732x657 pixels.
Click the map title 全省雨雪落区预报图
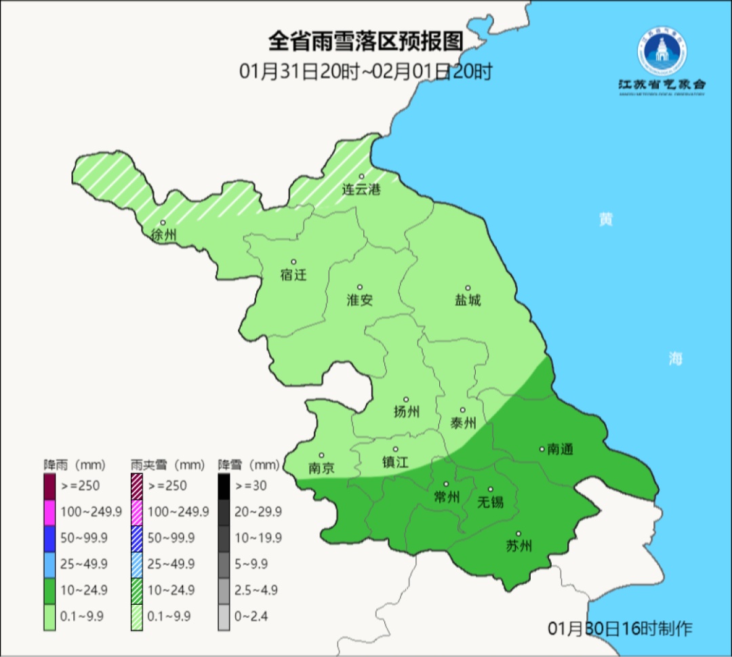point(365,41)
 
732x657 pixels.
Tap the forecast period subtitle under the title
point(365,71)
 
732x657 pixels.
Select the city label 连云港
point(361,190)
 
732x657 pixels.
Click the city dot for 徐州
point(163,222)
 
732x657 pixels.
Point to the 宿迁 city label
point(293,275)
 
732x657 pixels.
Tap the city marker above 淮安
point(360,287)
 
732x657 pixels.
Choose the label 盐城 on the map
point(467,300)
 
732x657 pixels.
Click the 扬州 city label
point(406,412)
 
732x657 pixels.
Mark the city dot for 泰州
point(463,410)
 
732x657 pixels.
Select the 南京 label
point(321,468)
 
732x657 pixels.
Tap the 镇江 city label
point(395,462)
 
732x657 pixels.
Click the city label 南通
point(560,449)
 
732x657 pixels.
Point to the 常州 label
point(446,497)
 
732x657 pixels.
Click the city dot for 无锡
point(491,489)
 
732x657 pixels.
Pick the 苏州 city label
point(518,546)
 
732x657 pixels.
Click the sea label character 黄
point(605,220)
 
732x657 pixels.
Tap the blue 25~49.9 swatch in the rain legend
point(49,564)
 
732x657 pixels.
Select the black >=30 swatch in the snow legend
point(224,485)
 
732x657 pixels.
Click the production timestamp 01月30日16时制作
point(619,629)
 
